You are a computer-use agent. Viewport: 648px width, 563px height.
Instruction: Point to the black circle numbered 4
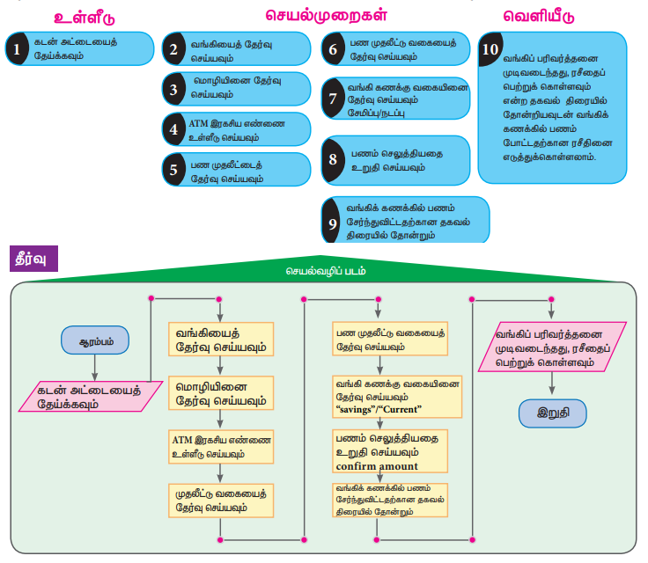174,128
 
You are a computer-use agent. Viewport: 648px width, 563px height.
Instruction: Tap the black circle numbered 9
333,223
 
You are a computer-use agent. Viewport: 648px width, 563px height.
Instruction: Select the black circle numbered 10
490,49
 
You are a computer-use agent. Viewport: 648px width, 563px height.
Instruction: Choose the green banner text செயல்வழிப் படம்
321,272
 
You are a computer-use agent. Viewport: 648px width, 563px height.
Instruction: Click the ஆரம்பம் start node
94,340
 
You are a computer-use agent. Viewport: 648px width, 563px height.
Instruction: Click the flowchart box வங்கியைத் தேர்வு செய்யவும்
221,341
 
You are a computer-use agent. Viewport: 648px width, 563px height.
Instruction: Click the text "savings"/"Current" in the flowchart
379,410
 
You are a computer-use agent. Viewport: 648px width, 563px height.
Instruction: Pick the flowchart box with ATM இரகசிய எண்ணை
221,446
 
